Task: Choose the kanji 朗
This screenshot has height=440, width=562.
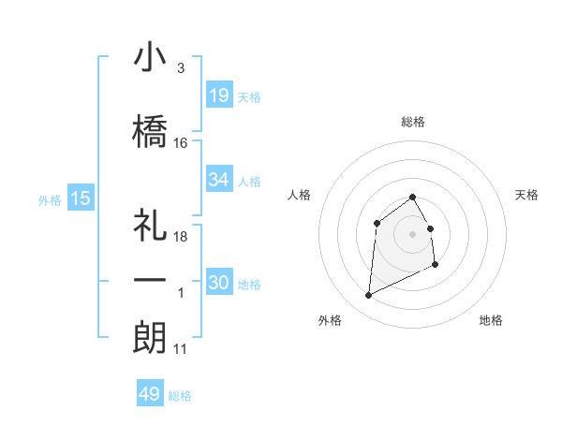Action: pyautogui.click(x=150, y=338)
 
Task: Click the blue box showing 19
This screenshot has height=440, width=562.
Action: pyautogui.click(x=219, y=95)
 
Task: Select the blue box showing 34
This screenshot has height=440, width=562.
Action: pyautogui.click(x=219, y=180)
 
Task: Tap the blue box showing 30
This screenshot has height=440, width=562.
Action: pyautogui.click(x=219, y=283)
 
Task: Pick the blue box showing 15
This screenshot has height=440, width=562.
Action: pyautogui.click(x=81, y=198)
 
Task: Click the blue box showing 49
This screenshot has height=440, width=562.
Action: pyautogui.click(x=150, y=394)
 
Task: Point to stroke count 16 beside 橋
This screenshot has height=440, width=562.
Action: pyautogui.click(x=181, y=143)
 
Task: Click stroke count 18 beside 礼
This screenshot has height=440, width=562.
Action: pyautogui.click(x=181, y=237)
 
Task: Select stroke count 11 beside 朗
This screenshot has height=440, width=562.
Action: pyautogui.click(x=181, y=349)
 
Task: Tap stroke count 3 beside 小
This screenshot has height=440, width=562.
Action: pyautogui.click(x=180, y=68)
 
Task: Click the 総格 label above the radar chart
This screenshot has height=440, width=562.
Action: pyautogui.click(x=413, y=122)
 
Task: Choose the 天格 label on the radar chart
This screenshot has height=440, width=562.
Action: pyautogui.click(x=527, y=195)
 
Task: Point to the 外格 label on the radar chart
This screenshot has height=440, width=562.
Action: pyautogui.click(x=329, y=320)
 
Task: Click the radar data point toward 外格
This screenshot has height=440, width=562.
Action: pyautogui.click(x=368, y=296)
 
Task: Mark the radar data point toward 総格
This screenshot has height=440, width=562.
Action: pyautogui.click(x=413, y=197)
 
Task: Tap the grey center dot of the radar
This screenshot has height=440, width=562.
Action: pyautogui.click(x=413, y=234)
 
